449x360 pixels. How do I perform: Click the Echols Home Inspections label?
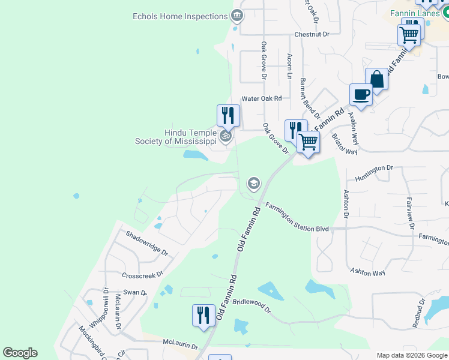click(179, 16)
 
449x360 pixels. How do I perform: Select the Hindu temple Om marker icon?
click(226, 136)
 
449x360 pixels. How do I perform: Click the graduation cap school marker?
click(253, 183)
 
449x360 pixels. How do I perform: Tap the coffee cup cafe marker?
click(361, 95)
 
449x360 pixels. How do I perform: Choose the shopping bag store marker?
click(376, 79)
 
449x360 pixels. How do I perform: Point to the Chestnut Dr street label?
click(312, 35)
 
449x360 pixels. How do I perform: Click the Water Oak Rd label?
click(261, 98)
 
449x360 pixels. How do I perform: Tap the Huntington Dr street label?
click(373, 172)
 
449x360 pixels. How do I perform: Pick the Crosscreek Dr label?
click(142, 275)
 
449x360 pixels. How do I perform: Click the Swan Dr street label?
click(136, 292)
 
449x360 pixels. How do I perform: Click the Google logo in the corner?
click(20, 353)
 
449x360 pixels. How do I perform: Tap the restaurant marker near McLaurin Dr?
click(203, 315)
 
